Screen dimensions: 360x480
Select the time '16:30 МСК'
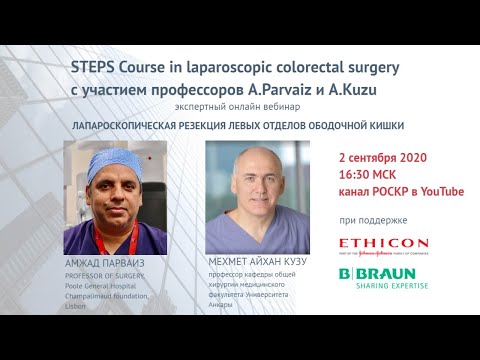point(377,175)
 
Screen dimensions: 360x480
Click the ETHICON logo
point(383,245)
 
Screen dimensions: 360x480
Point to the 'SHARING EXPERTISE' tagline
point(393,285)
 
